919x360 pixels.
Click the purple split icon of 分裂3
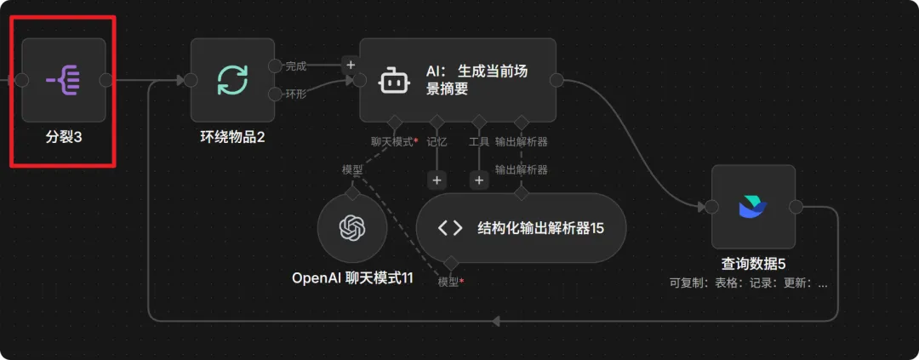click(63, 80)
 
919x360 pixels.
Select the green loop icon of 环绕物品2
click(232, 80)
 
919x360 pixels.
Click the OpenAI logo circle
click(351, 228)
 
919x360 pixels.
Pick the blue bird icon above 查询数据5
click(752, 207)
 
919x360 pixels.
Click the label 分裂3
click(64, 136)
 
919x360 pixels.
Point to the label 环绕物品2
click(232, 136)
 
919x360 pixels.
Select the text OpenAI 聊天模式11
click(352, 277)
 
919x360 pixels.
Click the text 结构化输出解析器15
click(540, 227)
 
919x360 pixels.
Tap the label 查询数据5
click(752, 263)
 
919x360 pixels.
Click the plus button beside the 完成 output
click(350, 64)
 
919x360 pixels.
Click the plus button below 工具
click(479, 180)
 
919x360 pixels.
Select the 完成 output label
click(295, 66)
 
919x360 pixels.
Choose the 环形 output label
click(295, 94)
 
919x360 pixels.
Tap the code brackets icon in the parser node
click(450, 227)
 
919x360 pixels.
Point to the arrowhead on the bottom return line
click(496, 321)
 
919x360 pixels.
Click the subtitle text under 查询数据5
click(748, 283)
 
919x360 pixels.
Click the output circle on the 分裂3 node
click(106, 80)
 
